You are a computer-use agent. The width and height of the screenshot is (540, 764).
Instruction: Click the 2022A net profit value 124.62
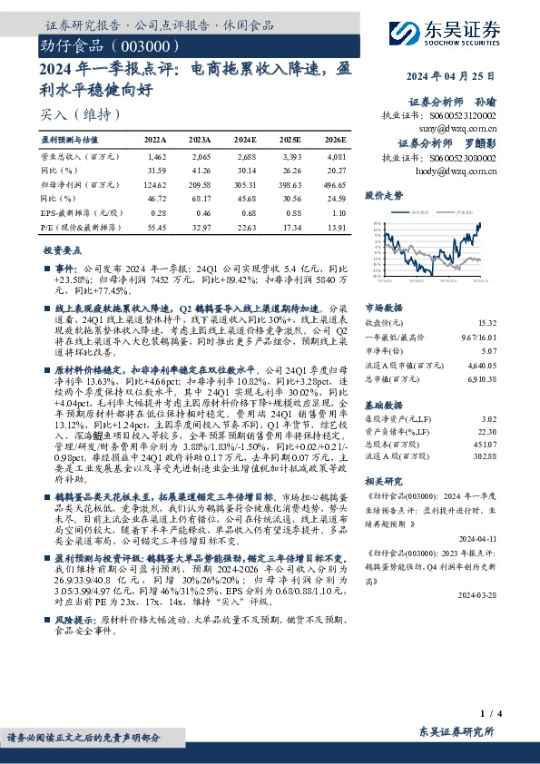tap(156, 182)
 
